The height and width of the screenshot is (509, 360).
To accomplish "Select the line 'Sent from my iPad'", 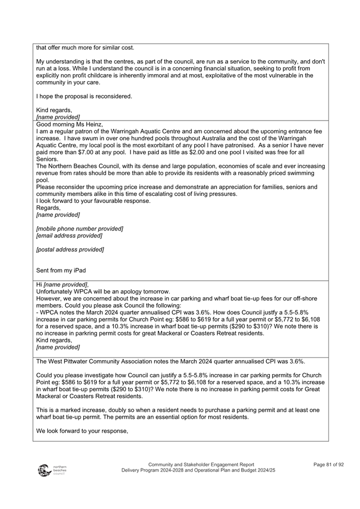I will tap(61, 271).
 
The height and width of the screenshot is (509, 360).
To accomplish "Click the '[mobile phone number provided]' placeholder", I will tap(79, 228).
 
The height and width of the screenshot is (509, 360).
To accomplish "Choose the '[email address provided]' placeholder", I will tap(69, 235).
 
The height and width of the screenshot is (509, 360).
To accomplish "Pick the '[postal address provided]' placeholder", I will tap(70, 249).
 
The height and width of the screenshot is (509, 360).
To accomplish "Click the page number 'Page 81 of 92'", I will tap(329, 465).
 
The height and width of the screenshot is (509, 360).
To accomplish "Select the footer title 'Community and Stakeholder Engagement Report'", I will tap(201, 465).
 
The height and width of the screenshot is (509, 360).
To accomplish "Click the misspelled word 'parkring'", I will tap(108, 333).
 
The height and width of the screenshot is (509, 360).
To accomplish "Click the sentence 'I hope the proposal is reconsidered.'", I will tap(84, 97).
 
